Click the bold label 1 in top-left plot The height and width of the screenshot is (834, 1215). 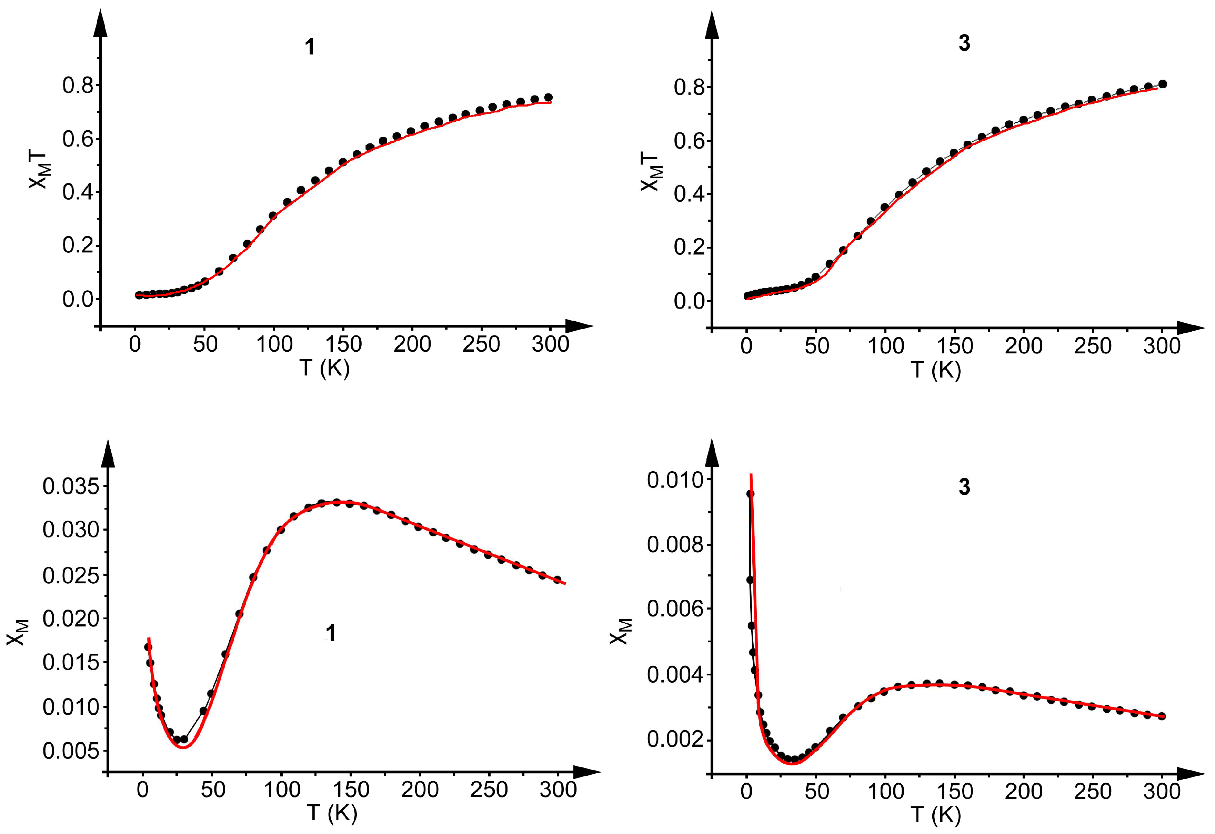coord(310,47)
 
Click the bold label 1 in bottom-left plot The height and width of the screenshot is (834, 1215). coord(330,633)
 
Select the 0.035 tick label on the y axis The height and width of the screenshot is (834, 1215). coord(71,486)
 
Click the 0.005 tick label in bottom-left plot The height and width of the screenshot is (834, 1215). coord(71,751)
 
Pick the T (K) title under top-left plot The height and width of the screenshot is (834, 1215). coord(324,368)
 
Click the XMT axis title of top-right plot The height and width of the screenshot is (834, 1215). coord(651,172)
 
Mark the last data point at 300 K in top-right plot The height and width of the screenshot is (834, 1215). coord(1162,84)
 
